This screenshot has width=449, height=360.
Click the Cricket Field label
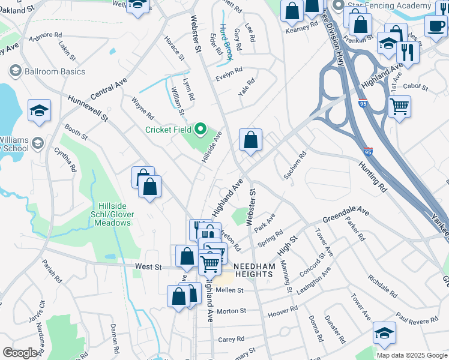coord(168,130)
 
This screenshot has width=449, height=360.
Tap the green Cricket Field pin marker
coord(200,130)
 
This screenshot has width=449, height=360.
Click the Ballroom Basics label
coord(55,71)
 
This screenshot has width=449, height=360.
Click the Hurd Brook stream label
coord(226,41)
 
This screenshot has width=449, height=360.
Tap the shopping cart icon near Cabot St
coord(399,107)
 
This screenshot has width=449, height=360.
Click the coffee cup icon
coord(436,25)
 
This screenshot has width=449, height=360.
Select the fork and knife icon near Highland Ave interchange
coord(408,53)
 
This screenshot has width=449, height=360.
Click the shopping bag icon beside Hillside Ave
coord(251,140)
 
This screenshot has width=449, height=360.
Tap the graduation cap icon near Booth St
coord(39,110)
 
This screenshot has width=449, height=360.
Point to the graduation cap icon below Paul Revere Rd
coord(384,333)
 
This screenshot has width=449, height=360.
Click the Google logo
coord(20,353)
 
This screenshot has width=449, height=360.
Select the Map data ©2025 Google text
coord(411,355)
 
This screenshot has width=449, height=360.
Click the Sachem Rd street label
coord(295,164)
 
